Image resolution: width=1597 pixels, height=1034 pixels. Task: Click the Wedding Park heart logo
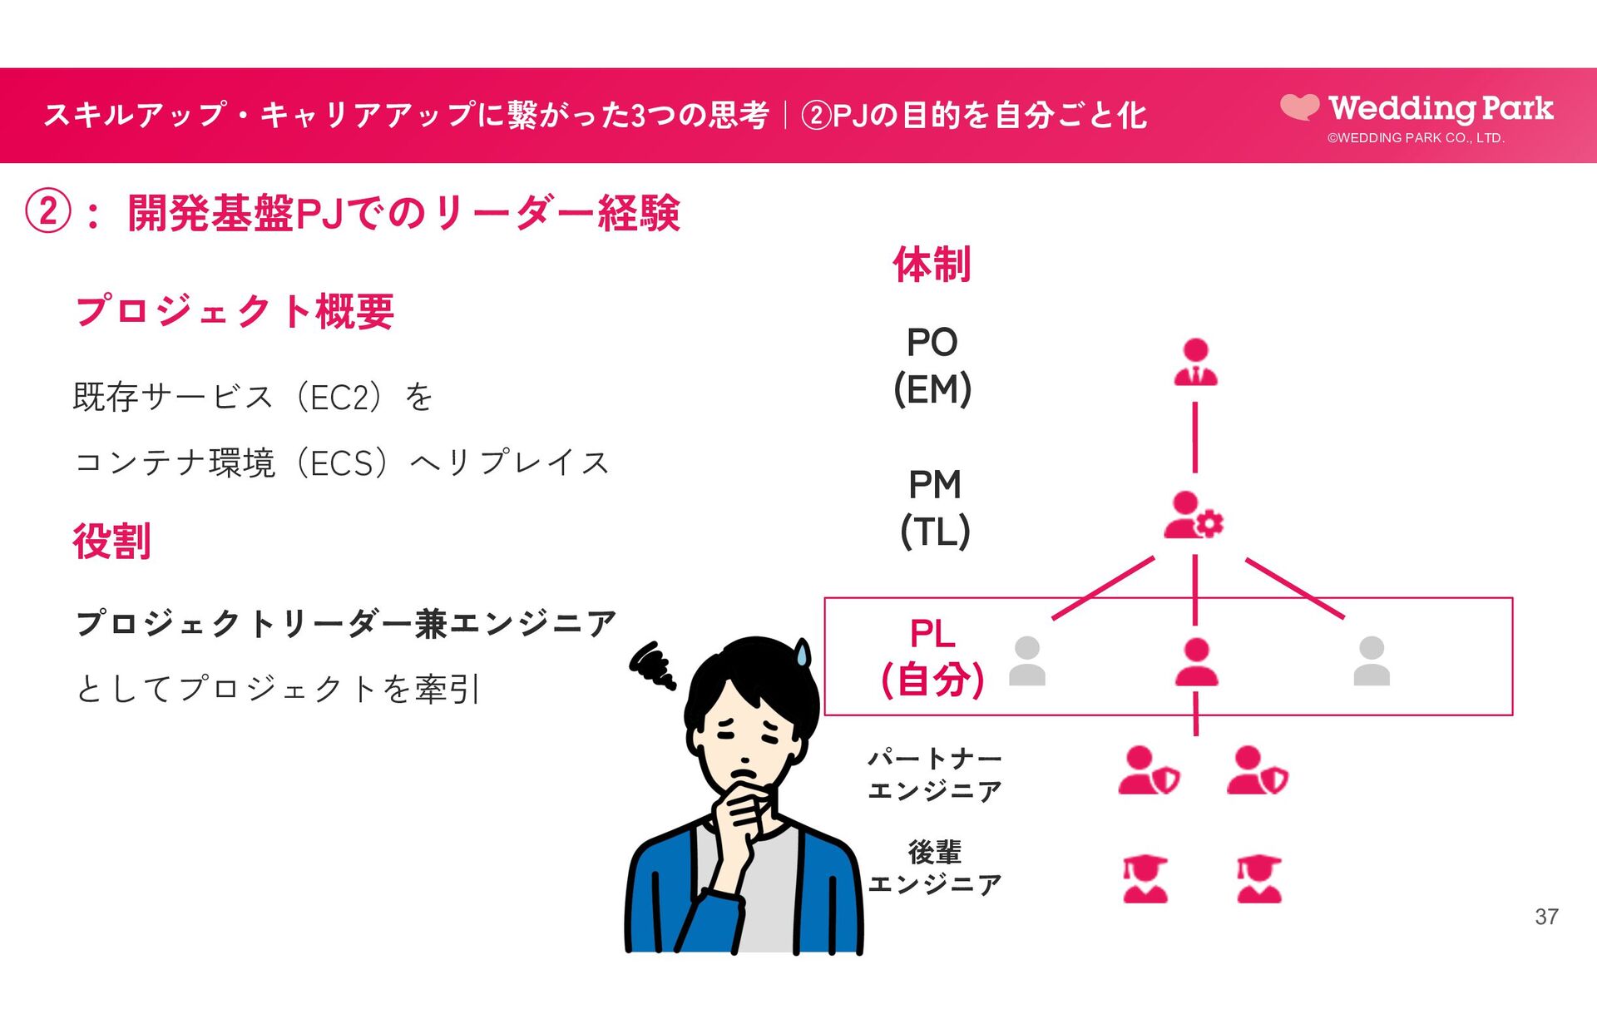point(1299,106)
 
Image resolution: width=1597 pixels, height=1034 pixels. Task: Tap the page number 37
point(1546,917)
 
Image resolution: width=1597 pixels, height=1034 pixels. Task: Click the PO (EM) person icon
point(1195,363)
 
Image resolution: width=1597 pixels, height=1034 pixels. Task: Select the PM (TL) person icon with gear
point(1193,515)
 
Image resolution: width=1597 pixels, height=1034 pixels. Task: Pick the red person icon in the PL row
point(1196,662)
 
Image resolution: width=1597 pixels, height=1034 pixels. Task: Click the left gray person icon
point(1027,661)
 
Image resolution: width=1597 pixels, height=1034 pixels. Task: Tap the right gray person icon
point(1372,661)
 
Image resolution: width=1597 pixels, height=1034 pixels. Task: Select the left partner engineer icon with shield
point(1148,770)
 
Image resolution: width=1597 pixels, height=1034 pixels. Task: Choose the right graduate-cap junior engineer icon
point(1258,879)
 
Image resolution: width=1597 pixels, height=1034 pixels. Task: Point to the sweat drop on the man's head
point(802,653)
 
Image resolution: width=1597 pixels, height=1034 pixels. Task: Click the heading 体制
point(932,265)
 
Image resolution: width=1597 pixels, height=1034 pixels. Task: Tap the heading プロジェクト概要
point(235,312)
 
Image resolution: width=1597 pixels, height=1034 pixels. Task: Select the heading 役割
point(111,542)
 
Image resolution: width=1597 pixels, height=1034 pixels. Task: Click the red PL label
point(932,634)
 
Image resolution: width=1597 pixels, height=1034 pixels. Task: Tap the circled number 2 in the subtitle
point(47,212)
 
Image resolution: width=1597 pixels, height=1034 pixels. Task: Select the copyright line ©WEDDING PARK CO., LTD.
point(1416,138)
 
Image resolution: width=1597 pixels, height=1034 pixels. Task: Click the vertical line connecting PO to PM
point(1195,437)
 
